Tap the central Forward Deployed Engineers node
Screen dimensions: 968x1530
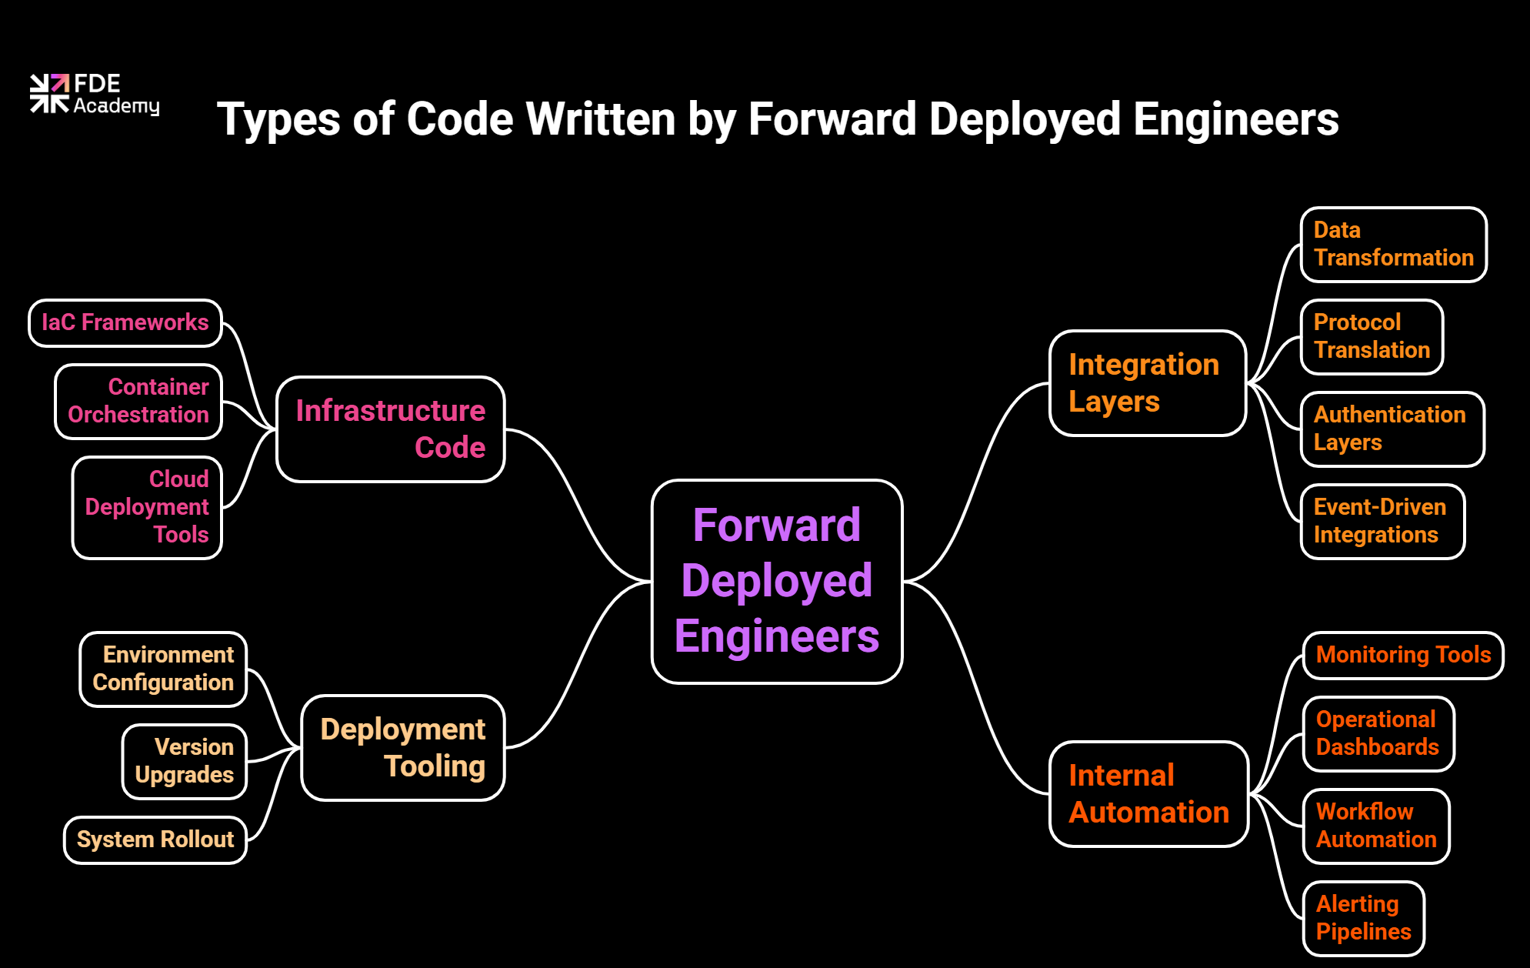[777, 581]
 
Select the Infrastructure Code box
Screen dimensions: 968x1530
[390, 429]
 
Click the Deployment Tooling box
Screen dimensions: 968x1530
[402, 748]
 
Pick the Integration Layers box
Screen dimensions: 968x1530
[1147, 383]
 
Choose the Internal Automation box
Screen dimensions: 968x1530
[1148, 794]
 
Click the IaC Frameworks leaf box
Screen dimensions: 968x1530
[125, 323]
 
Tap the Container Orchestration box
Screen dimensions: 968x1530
[138, 402]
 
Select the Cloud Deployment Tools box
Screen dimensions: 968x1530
[147, 508]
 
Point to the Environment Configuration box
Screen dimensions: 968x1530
[163, 669]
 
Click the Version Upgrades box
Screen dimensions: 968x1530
[185, 761]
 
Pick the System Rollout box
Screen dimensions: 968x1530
[155, 839]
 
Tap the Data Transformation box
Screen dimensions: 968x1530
[1393, 245]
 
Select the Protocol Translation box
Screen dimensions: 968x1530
[1372, 337]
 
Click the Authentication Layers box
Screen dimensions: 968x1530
[1392, 429]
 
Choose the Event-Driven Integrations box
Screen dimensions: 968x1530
[1382, 522]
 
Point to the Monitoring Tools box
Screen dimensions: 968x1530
[1403, 656]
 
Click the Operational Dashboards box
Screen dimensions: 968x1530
[1378, 734]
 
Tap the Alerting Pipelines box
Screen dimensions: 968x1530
[1363, 918]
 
